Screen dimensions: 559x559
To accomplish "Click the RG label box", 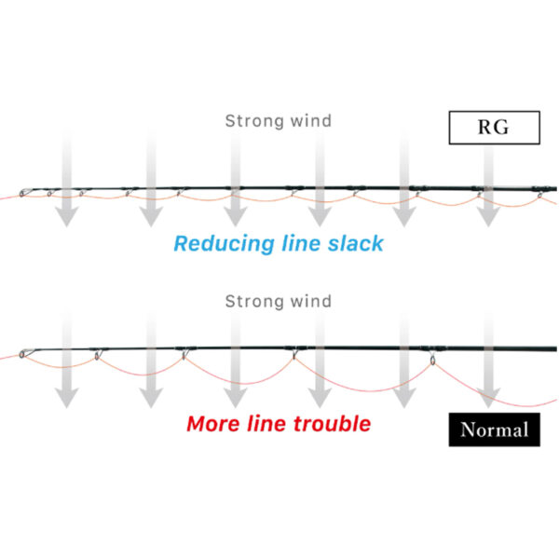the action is coord(494,128).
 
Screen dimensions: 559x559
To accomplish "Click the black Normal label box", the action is coord(494,429).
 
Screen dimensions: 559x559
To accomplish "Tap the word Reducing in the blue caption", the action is coord(224,244).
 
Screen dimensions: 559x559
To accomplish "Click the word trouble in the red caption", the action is coord(333,424).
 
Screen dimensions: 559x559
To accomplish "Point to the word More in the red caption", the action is coord(213,424).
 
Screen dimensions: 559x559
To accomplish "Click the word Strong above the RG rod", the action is coord(254,121).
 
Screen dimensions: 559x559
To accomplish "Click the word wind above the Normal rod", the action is coord(311,301).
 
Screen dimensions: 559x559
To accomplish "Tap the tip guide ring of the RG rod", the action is coord(22,193).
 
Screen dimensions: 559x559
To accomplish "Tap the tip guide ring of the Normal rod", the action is coord(22,354).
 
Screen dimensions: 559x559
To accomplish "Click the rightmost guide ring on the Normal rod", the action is coord(432,360).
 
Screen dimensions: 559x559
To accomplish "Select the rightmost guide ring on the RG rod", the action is coord(540,195).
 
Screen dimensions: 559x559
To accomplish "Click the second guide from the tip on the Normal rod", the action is coord(97,355).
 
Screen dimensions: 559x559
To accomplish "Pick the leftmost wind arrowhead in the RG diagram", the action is coord(67,216).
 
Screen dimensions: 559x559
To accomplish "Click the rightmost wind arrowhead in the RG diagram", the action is coord(488,216).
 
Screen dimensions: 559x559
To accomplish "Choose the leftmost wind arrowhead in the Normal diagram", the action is coord(67,398).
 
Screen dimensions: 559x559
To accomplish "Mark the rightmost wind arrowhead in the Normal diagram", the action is coord(488,398).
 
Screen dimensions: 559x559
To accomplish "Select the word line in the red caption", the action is coord(266,424).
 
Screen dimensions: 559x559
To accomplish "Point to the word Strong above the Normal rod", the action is coord(254,302).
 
